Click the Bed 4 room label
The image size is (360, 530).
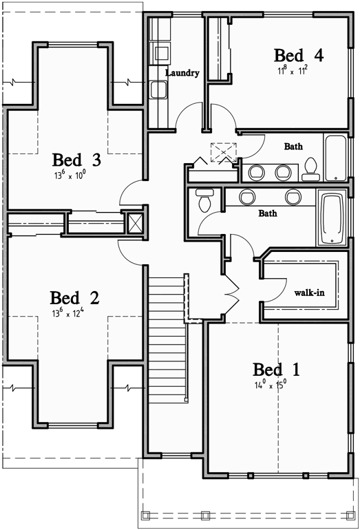(299, 55)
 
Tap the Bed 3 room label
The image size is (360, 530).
(77, 160)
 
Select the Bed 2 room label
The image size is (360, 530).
(74, 298)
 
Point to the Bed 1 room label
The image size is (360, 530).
(276, 370)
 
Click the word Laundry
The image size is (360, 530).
(182, 73)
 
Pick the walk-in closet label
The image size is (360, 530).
(309, 293)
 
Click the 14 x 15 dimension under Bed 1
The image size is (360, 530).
(270, 386)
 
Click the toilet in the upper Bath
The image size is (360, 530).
(310, 168)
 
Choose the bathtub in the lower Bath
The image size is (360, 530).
(333, 219)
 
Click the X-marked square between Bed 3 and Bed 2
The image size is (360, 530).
(135, 222)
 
